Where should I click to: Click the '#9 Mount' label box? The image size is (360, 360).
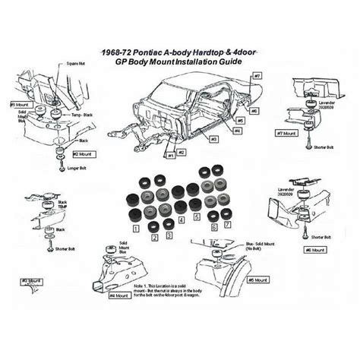(x=20, y=104)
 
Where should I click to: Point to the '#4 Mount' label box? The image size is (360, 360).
(x=122, y=296)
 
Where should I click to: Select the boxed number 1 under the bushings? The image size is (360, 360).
(x=134, y=226)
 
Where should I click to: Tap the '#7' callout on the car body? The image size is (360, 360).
(x=257, y=77)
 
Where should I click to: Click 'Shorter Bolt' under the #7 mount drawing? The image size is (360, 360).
(x=324, y=150)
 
